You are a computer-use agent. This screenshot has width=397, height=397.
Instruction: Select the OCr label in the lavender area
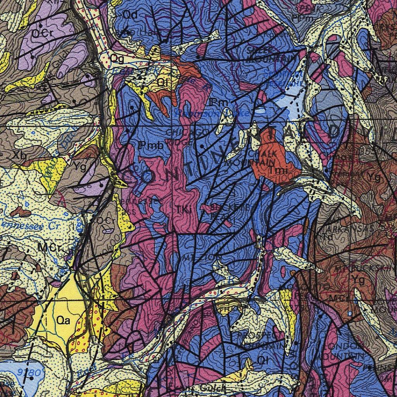(40, 34)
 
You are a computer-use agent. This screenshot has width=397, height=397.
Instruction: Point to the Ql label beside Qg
(161, 83)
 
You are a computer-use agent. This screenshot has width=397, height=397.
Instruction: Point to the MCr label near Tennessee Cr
(47, 247)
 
